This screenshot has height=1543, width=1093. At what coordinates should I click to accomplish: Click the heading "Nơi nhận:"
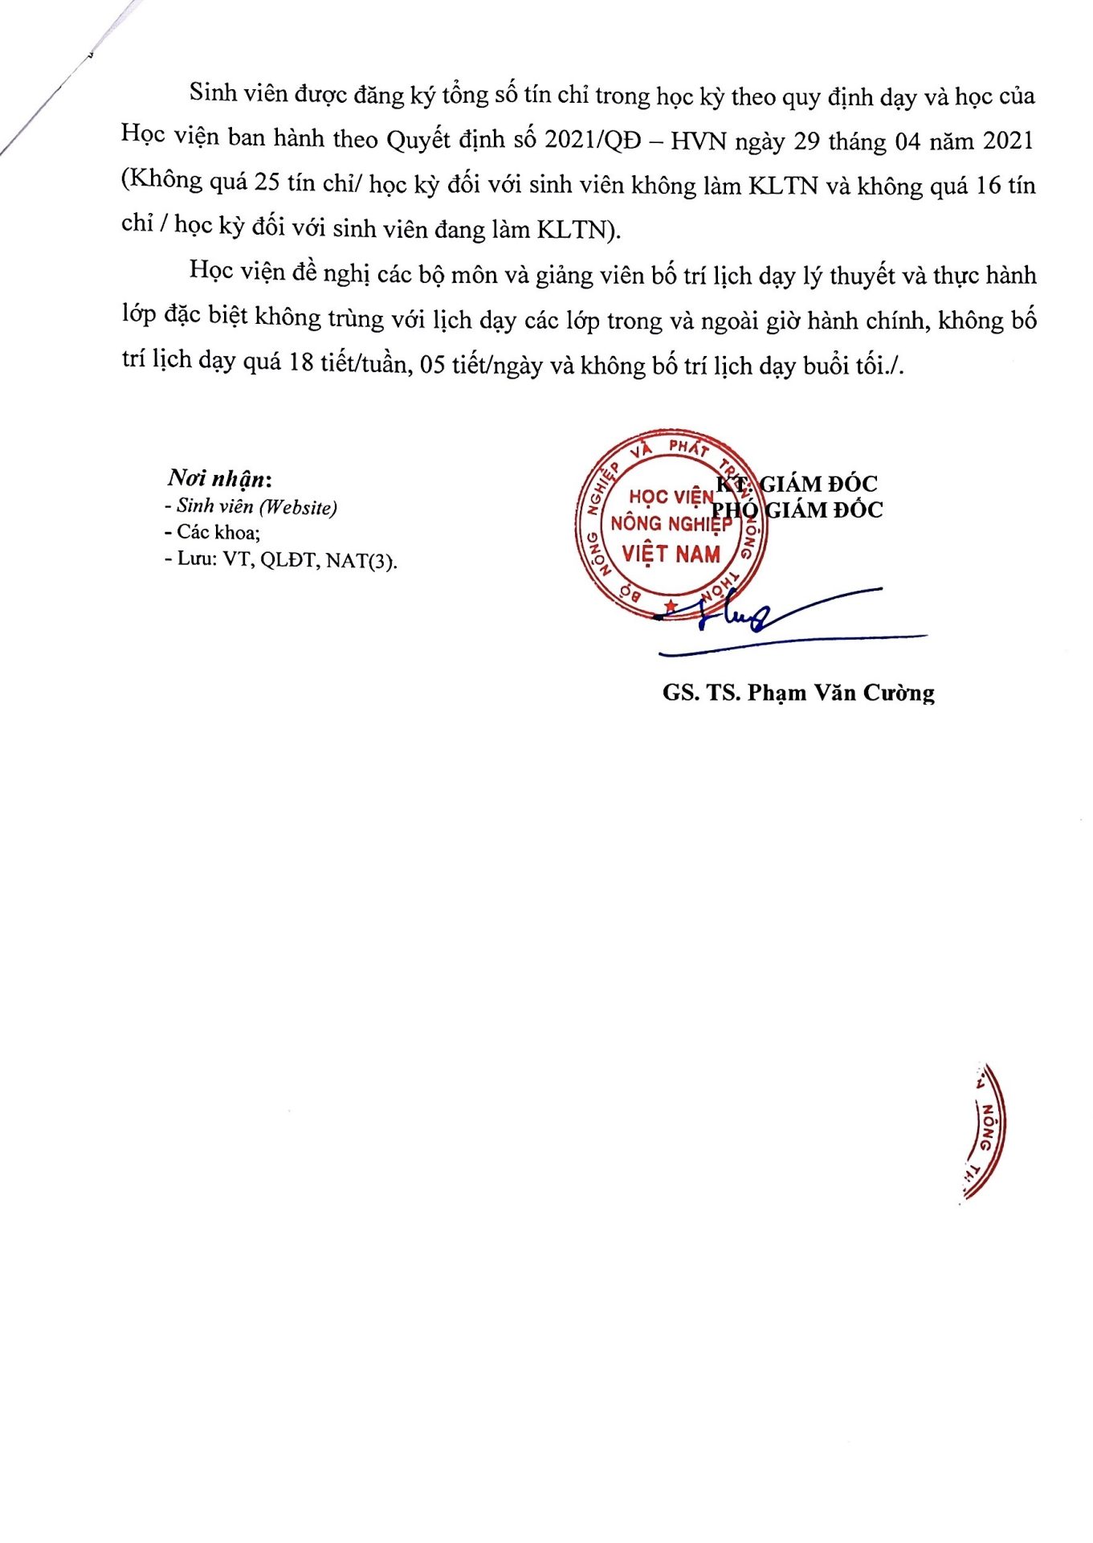click(219, 478)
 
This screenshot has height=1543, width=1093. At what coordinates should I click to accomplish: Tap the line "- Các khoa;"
click(212, 532)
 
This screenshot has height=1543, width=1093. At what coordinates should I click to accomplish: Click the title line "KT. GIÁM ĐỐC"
click(797, 484)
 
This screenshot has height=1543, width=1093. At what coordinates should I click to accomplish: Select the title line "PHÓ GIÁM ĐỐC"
click(797, 510)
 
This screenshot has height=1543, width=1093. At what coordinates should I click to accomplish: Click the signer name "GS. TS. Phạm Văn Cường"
click(798, 693)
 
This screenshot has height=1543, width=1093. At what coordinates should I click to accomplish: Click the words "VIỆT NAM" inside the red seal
click(671, 554)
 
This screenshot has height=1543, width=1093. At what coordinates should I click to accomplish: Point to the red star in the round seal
click(671, 604)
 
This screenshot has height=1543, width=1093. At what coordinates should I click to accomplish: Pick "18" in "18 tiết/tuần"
click(300, 363)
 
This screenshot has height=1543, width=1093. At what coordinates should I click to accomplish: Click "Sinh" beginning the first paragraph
click(213, 94)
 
